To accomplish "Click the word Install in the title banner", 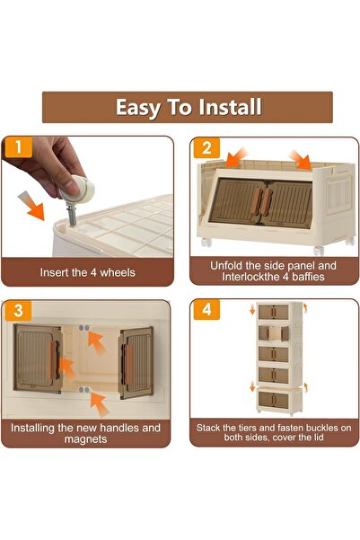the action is (230, 107).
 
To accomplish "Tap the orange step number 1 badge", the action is (18, 147).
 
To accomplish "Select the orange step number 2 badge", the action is (206, 148).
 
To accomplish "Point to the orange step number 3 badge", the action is (18, 310).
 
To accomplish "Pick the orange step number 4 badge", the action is (206, 310).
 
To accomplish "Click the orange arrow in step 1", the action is (31, 206).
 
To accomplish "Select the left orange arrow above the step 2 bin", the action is (237, 157).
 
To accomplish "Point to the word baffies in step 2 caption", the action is (308, 277).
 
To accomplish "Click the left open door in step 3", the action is (38, 359).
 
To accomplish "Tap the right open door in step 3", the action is (136, 363).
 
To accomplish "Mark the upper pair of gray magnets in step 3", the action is (83, 328).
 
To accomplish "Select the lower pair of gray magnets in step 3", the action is (83, 390).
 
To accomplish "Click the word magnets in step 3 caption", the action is (85, 439).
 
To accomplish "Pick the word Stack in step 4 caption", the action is (208, 428).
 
